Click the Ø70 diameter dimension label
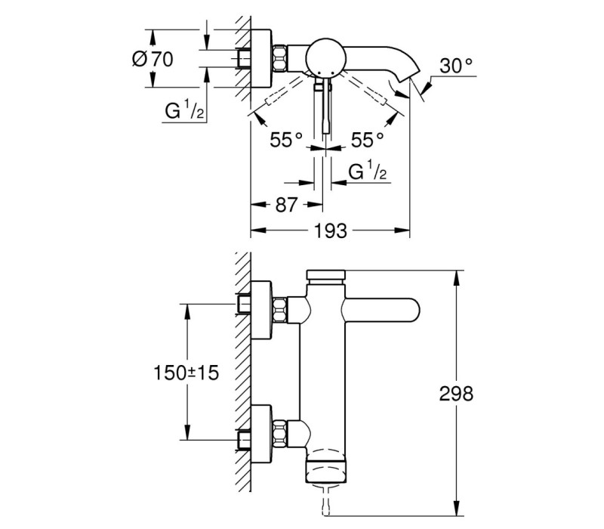(x=153, y=59)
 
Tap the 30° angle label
(x=456, y=66)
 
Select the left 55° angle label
(x=286, y=140)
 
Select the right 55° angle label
(x=367, y=140)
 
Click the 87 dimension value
(x=287, y=205)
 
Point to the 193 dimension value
(x=331, y=231)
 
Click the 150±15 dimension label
(x=186, y=373)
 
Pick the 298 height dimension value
(x=456, y=394)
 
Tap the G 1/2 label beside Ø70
(x=184, y=111)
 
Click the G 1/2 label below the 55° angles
(x=367, y=172)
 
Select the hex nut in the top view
(x=280, y=59)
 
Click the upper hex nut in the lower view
(x=280, y=310)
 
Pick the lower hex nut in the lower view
(x=280, y=434)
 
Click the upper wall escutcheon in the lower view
(x=261, y=311)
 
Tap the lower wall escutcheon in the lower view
(x=261, y=435)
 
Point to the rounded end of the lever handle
(x=411, y=311)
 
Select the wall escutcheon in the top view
(x=261, y=59)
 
